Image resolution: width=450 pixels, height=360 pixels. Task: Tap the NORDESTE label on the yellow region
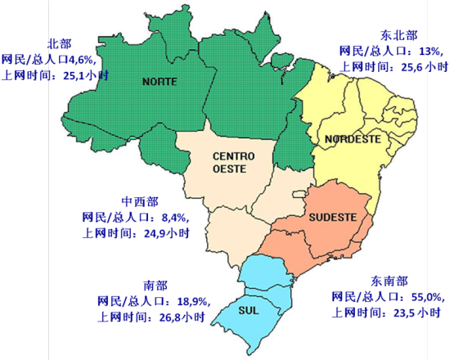click(x=353, y=139)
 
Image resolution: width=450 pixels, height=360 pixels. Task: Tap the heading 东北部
click(x=398, y=35)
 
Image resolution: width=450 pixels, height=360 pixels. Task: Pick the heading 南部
click(x=155, y=285)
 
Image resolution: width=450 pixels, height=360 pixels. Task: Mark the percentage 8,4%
click(x=174, y=218)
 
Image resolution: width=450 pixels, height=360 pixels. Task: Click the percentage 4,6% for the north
click(x=81, y=60)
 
